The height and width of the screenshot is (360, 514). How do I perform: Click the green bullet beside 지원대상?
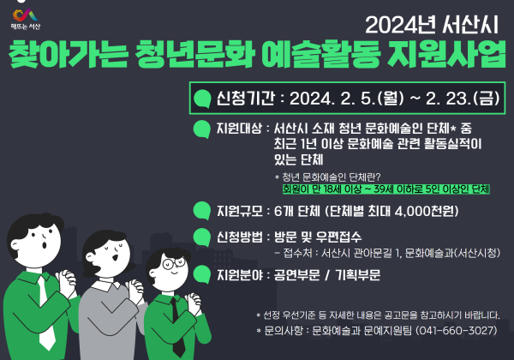pos(202,129)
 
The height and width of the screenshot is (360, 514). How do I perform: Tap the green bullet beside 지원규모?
pos(202,210)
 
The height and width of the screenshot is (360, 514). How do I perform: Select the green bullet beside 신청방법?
pos(202,236)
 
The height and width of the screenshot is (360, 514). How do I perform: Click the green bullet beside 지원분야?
pos(202,275)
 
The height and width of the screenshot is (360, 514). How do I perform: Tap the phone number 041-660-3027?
pos(454,330)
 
